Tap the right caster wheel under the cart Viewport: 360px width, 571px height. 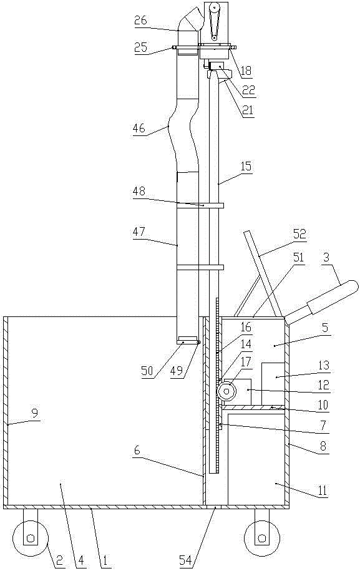261,538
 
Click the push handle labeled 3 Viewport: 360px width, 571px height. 322,302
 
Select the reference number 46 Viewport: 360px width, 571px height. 139,128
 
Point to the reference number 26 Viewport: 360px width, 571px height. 140,21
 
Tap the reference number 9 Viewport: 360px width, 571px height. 35,412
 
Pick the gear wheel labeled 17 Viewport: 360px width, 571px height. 226,391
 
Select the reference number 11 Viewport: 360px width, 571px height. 322,490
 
